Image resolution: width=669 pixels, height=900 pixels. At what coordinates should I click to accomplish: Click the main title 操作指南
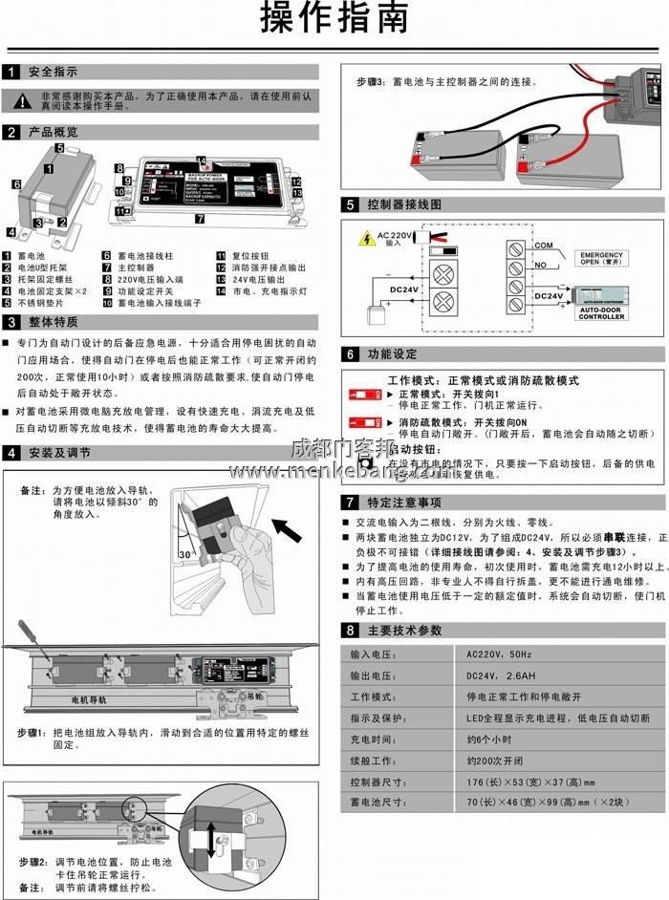pyautogui.click(x=334, y=18)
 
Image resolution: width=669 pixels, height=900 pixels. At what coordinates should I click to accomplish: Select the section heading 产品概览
pyautogui.click(x=53, y=132)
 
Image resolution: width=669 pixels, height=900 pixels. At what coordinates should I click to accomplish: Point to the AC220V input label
pyautogui.click(x=393, y=237)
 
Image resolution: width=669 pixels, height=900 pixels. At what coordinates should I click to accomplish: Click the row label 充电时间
pyautogui.click(x=373, y=739)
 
